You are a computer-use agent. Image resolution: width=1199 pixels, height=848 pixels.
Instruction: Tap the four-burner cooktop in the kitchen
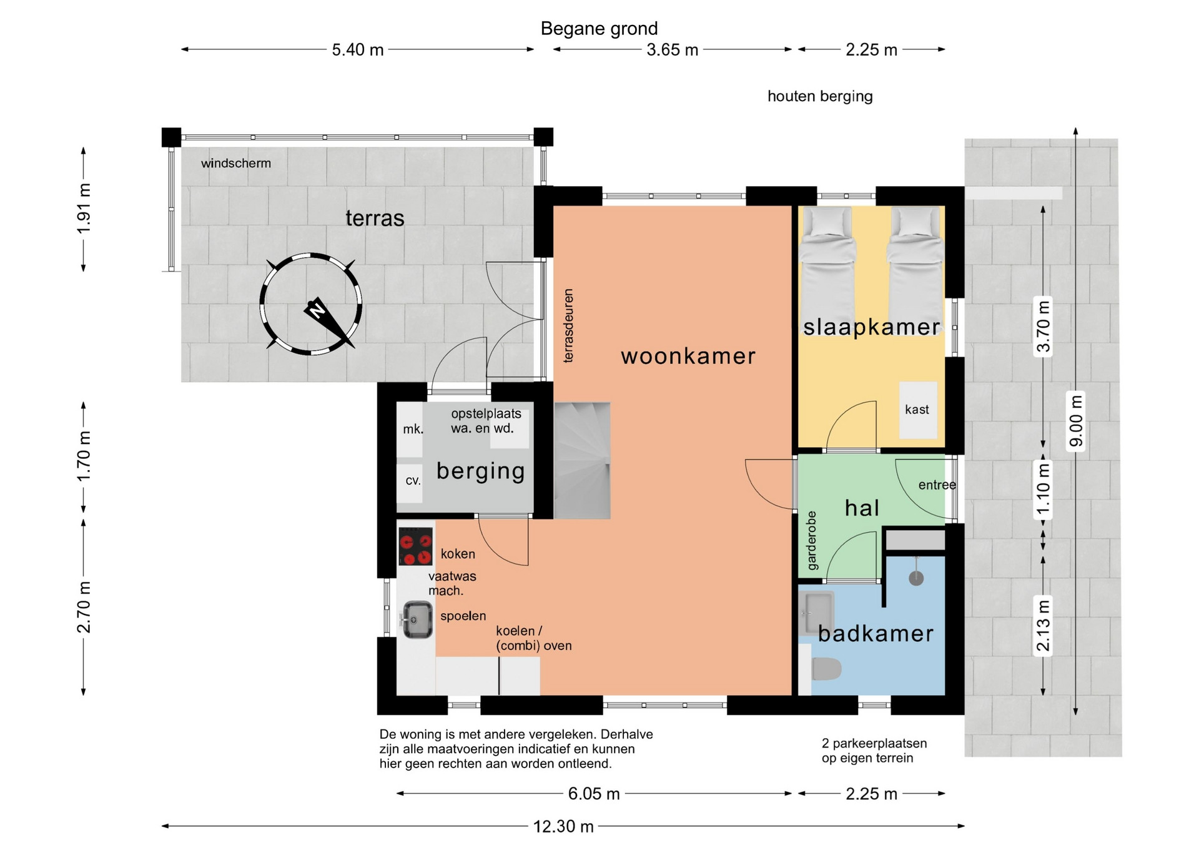point(416,546)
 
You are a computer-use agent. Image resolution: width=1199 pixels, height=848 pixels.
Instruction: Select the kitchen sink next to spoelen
point(417,619)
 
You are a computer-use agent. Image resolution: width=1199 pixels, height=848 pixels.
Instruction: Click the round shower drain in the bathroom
point(916,578)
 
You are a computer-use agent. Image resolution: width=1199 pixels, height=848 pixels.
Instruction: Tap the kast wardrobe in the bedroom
point(918,410)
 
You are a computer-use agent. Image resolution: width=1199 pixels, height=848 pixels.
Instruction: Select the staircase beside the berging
point(582,460)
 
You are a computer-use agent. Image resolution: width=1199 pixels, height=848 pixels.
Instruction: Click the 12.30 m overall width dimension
point(563,826)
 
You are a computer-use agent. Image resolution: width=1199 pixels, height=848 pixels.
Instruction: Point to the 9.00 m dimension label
point(1076,421)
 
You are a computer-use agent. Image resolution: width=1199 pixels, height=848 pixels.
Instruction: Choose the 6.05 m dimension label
point(594,794)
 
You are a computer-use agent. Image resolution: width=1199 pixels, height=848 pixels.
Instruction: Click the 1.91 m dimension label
point(84,209)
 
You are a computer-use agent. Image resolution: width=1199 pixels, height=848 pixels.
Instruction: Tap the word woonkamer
point(688,356)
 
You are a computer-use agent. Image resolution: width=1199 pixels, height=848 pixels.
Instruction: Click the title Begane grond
point(599,29)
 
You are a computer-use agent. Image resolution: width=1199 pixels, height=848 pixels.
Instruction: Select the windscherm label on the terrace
point(236,164)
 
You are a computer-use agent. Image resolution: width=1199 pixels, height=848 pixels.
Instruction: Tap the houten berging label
point(820,96)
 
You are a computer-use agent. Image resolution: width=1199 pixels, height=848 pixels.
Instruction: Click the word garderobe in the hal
point(812,541)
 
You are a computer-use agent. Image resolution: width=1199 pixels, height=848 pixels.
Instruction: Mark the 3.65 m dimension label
point(673,49)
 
